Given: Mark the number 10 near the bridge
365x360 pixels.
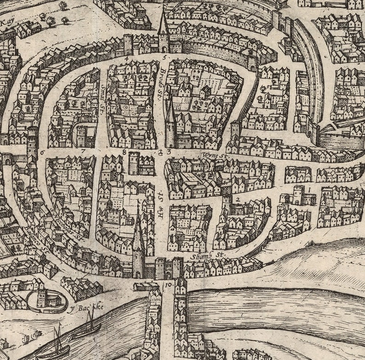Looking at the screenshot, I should (x=167, y=285).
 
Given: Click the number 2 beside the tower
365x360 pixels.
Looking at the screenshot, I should (x=238, y=199).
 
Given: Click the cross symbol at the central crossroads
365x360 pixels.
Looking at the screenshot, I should (x=160, y=152).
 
